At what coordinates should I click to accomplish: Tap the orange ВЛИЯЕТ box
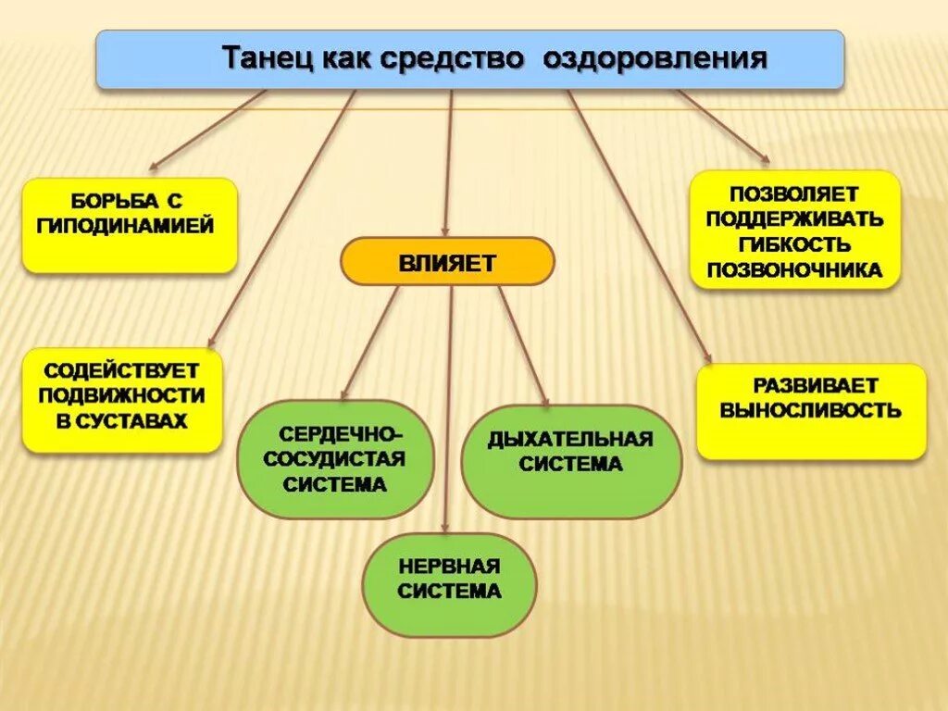(448, 261)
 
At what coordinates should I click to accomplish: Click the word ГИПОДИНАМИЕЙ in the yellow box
(129, 225)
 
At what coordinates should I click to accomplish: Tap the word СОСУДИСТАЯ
(335, 458)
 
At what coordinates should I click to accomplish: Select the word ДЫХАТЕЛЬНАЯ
(570, 439)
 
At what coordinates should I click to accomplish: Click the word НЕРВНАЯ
(449, 566)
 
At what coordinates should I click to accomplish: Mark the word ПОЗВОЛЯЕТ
(794, 195)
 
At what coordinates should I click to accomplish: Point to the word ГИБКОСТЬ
(794, 245)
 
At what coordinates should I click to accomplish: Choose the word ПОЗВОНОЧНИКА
(794, 270)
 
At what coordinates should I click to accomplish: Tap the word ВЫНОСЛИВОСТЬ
(811, 410)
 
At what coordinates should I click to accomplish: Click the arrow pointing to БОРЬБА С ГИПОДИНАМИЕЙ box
(208, 130)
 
